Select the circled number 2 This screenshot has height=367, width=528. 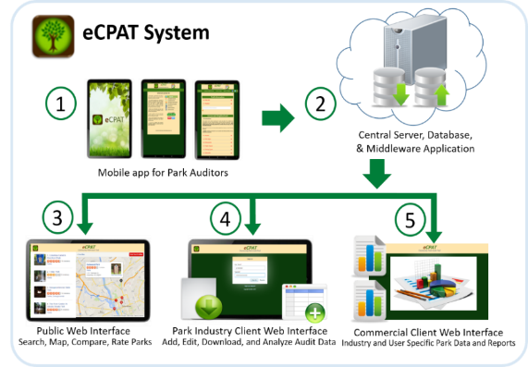(x=320, y=104)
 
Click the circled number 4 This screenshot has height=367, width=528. (x=226, y=218)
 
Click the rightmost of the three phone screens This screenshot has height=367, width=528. (x=216, y=119)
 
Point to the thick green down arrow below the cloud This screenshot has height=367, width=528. (x=376, y=173)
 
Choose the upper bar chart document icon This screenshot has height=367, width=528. (x=367, y=254)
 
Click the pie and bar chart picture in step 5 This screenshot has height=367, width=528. (x=430, y=284)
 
